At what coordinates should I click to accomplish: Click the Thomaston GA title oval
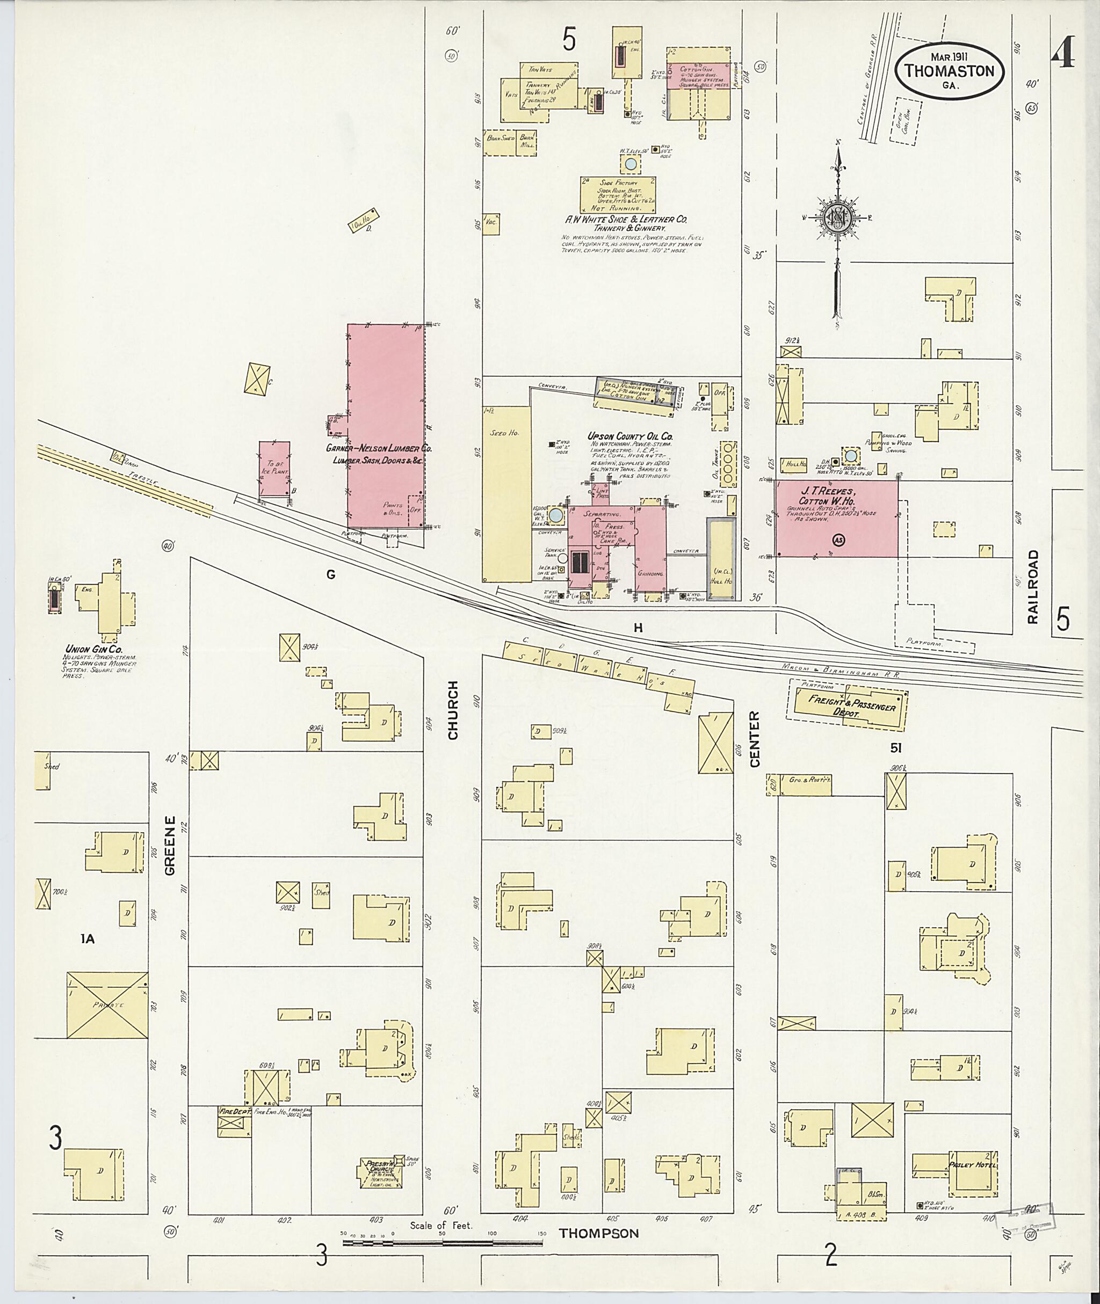click(949, 71)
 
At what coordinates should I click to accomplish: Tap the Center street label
click(755, 739)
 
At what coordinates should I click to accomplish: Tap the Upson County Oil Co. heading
click(631, 436)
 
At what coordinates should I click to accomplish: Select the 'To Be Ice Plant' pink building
click(274, 468)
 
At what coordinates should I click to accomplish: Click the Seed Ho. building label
click(500, 433)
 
